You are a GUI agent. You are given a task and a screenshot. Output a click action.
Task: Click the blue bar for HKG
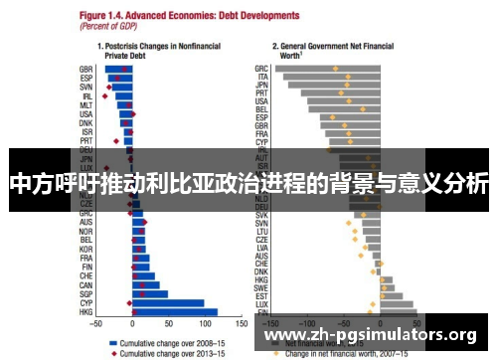175,312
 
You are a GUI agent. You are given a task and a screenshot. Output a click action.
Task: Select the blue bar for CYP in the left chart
168,303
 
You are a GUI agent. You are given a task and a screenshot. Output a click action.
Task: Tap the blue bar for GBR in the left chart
118,69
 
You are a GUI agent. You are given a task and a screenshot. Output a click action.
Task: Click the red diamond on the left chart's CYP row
130,303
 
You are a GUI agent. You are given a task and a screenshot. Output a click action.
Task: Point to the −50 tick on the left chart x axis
96,324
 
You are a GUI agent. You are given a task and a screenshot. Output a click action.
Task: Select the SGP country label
86,294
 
